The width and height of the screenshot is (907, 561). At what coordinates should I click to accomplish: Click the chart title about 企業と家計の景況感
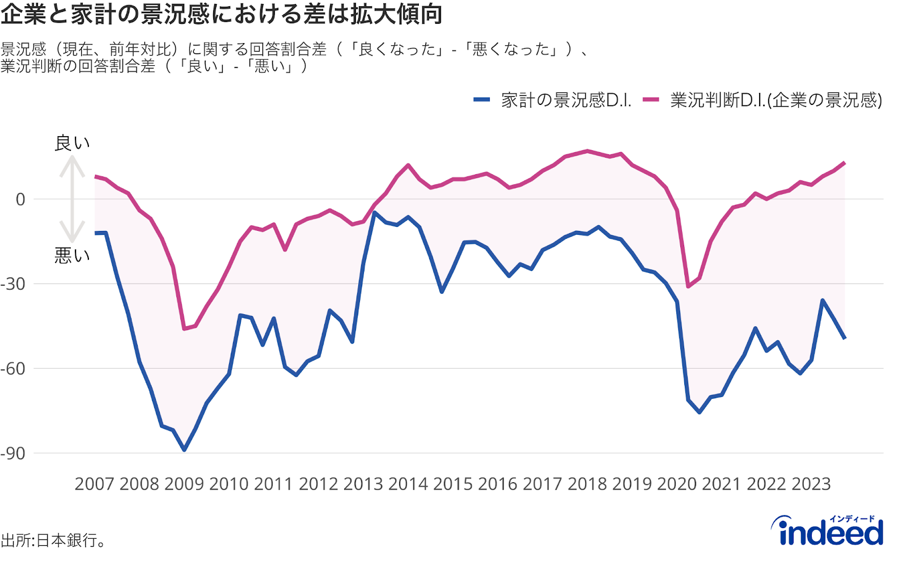pos(221,14)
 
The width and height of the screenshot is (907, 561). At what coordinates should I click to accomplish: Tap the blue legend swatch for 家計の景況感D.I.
pos(481,100)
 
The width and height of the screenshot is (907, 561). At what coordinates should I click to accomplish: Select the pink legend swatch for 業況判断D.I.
pos(651,100)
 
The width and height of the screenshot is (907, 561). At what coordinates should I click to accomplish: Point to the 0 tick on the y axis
pos(20,200)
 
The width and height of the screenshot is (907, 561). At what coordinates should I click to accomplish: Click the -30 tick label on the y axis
pos(14,284)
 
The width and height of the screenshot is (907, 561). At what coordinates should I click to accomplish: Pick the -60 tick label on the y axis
pos(14,369)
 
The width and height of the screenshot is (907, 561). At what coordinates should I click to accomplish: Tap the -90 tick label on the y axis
pos(14,454)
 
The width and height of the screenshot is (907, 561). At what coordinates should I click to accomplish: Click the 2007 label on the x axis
pos(94,484)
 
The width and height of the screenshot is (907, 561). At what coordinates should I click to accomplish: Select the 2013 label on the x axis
pos(363,484)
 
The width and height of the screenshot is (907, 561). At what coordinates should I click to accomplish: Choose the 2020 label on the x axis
pos(676,484)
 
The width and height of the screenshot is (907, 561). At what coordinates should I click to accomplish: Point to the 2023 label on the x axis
pos(811,484)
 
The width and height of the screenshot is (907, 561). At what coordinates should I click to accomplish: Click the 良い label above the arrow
pos(72,143)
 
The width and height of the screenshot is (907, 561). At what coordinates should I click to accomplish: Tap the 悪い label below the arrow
pos(72,256)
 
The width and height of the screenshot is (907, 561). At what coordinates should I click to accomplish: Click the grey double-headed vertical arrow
pos(72,199)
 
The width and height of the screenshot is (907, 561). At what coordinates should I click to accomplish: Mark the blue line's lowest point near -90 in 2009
pos(184,450)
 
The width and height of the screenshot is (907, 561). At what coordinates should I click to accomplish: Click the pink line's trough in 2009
pos(184,328)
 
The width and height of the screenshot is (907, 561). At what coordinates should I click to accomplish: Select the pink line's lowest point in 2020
pos(688,286)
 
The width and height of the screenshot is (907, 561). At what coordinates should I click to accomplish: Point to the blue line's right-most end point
pos(845,338)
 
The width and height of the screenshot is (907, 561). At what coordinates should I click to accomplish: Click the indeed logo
pos(831,531)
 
